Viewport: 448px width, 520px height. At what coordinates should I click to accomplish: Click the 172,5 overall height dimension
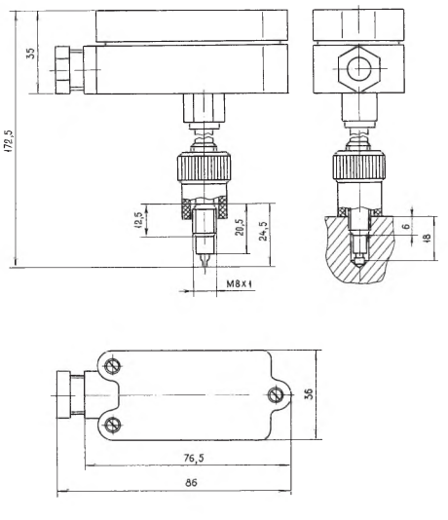(x=10, y=141)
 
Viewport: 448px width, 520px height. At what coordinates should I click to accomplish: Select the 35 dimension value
(x=30, y=53)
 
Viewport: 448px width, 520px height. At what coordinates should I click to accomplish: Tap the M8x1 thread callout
(x=240, y=284)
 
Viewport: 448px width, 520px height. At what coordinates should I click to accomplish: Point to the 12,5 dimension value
(x=138, y=220)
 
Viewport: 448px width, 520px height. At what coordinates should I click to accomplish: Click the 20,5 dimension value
(x=240, y=227)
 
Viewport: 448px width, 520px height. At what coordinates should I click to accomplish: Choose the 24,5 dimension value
(x=264, y=231)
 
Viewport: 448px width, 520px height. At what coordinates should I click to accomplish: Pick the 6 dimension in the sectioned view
(x=406, y=226)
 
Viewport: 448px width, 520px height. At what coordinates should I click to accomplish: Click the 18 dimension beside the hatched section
(x=427, y=238)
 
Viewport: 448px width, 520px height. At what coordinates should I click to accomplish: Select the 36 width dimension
(x=309, y=394)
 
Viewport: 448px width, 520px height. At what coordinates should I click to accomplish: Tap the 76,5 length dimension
(x=195, y=458)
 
